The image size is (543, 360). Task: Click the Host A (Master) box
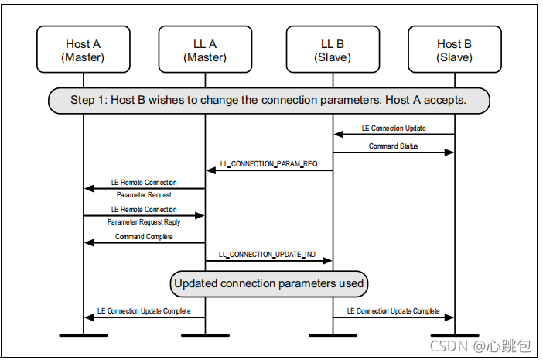[84, 50]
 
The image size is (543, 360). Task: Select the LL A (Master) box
[205, 50]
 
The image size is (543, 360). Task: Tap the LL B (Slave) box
[333, 50]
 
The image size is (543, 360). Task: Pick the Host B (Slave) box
[455, 50]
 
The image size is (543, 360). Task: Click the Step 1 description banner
[269, 101]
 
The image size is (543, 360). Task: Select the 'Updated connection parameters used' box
[269, 284]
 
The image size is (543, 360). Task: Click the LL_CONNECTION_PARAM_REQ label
[268, 164]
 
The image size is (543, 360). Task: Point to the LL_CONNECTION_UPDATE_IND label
[267, 255]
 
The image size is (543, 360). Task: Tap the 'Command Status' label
[393, 146]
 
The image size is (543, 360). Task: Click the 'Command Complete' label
[144, 237]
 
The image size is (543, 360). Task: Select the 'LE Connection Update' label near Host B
[394, 129]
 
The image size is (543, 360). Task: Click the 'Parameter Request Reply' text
[144, 222]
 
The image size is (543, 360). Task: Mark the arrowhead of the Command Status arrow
[449, 153]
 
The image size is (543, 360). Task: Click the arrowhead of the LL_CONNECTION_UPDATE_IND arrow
[327, 261]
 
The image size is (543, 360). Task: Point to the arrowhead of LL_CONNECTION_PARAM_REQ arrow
[211, 170]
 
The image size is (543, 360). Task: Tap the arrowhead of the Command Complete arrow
[90, 243]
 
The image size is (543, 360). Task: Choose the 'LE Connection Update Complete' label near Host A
[144, 311]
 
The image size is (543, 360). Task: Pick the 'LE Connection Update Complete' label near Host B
[394, 311]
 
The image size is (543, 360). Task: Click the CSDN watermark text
[480, 346]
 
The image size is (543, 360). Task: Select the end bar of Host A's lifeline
[84, 335]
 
